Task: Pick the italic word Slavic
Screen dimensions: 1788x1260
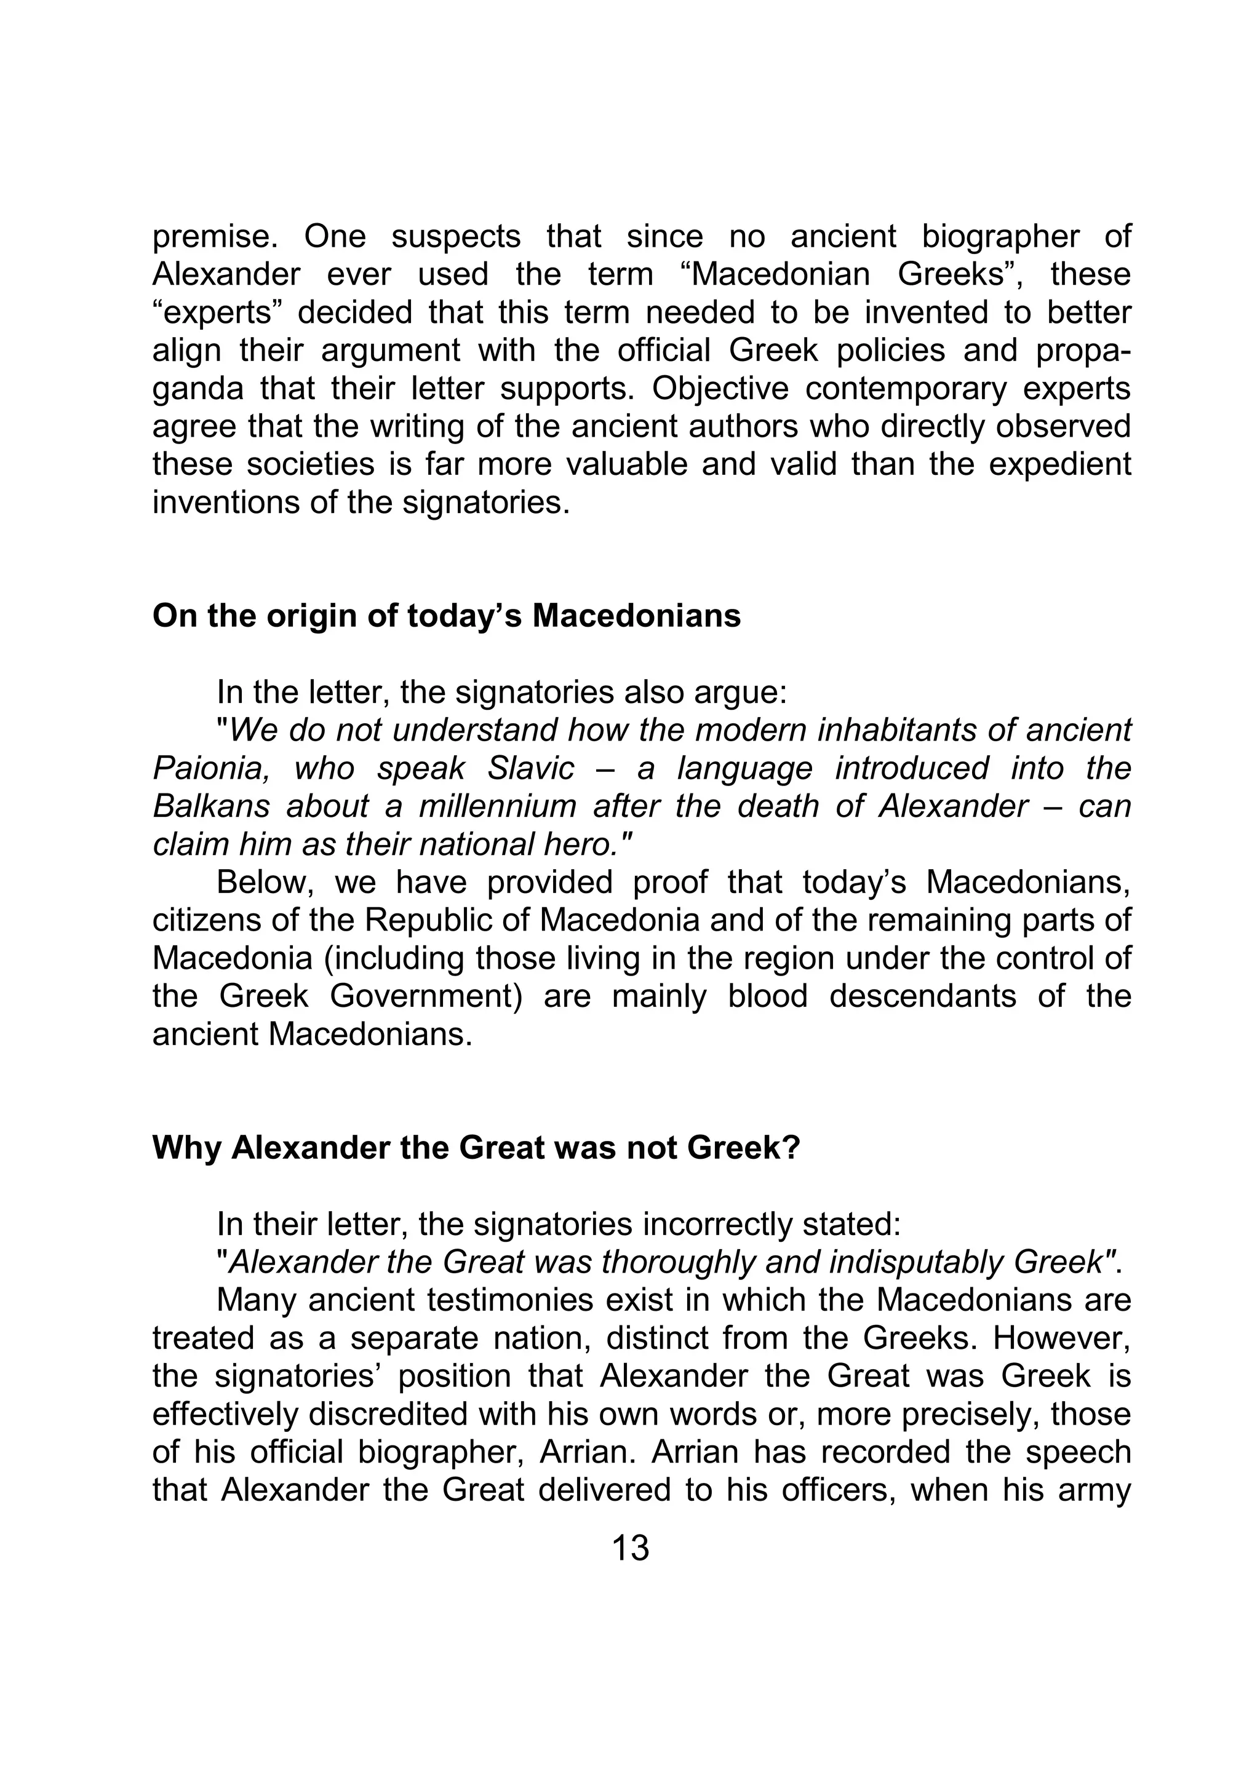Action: [530, 769]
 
